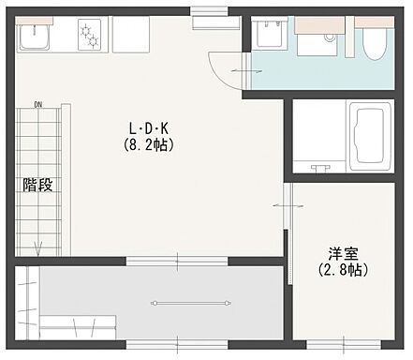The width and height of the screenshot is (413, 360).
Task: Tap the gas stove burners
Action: click(90, 36)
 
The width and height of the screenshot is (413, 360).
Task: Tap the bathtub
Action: click(367, 136)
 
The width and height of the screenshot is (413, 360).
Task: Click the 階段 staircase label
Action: click(37, 185)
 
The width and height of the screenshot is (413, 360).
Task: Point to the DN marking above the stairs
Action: click(38, 104)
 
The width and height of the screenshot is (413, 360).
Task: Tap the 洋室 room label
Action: click(341, 252)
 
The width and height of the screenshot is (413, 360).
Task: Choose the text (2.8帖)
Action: click(341, 269)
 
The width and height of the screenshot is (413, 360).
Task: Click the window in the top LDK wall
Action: click(205, 12)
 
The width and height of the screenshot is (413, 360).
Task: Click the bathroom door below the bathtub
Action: click(319, 168)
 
